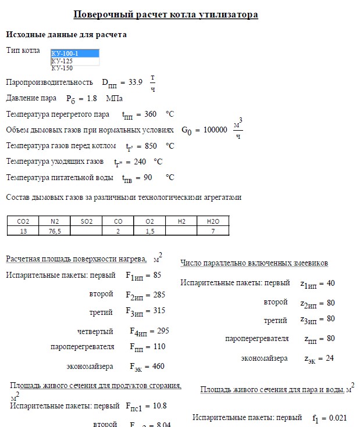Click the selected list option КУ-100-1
74,53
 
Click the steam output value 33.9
135,82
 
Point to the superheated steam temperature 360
150,114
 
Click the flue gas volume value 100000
213,130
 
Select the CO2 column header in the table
23,221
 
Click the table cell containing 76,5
55,231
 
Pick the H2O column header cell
213,221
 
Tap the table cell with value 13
23,231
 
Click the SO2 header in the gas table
87,221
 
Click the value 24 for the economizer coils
330,358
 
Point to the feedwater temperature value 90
148,177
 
